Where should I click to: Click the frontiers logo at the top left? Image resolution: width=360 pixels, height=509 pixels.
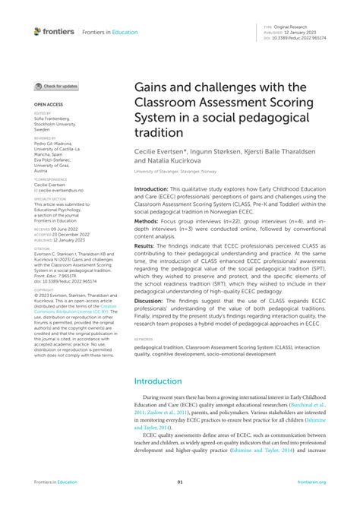point(54,31)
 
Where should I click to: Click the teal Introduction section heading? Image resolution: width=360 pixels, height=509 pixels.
point(159,381)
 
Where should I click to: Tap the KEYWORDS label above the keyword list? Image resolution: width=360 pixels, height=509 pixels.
point(144,340)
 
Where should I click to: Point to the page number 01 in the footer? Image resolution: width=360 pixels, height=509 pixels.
point(180,482)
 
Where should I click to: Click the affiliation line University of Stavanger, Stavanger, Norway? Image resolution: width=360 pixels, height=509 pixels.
point(177,172)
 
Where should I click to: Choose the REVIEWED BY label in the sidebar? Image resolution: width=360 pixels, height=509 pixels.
point(45,138)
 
